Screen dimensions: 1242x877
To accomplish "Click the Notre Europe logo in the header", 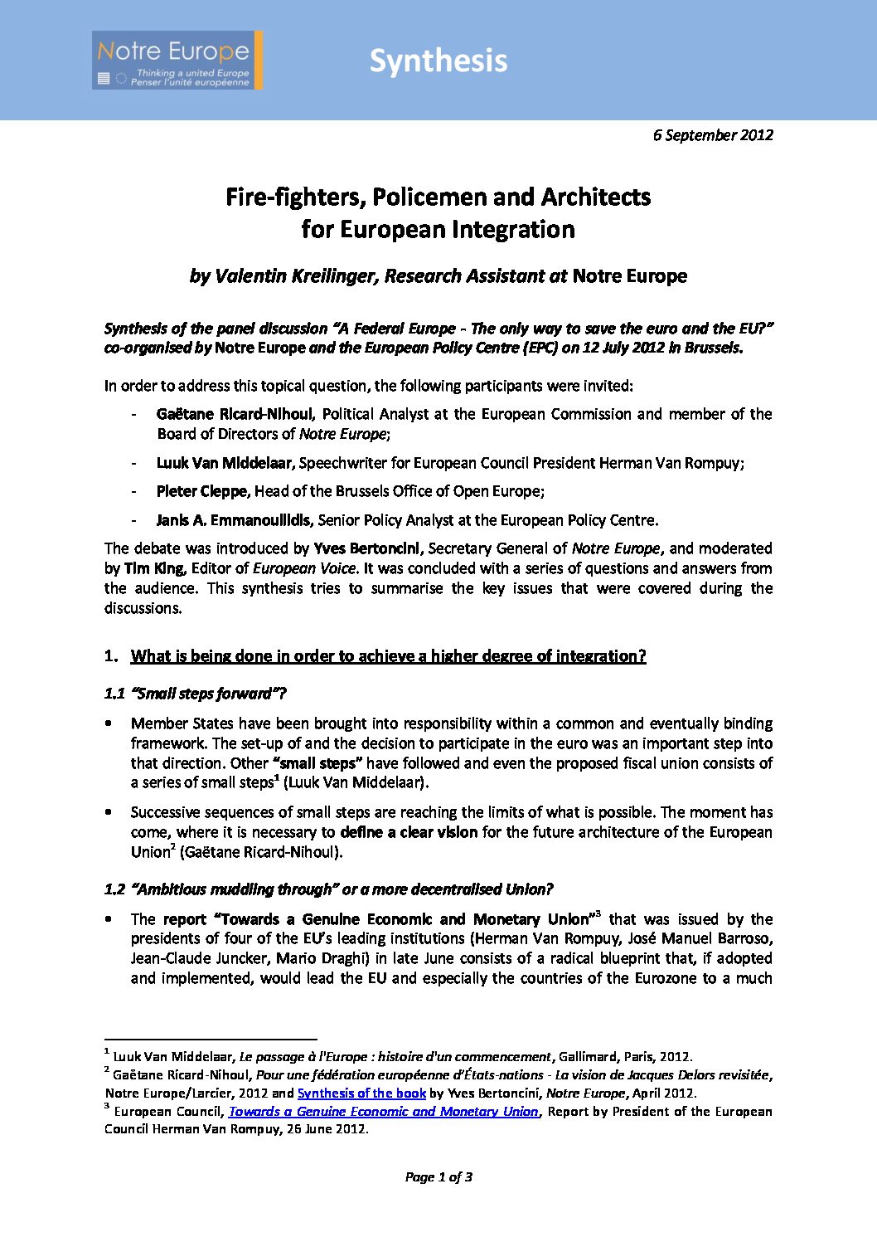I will pos(177,61).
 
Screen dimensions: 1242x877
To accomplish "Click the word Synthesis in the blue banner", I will pos(438,61).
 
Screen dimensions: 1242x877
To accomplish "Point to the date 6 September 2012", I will pos(713,135).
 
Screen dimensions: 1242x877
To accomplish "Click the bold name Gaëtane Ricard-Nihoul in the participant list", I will pos(235,414).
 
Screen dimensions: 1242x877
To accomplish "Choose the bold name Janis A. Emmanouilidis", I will pos(235,520).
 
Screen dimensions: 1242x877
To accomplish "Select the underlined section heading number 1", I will pos(388,656).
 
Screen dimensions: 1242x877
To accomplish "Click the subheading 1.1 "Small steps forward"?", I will pos(196,694).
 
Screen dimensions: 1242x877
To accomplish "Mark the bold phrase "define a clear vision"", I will pos(409,832).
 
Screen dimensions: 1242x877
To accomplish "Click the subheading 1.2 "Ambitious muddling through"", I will pos(328,889).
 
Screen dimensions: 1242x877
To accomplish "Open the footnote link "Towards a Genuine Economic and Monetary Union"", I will pos(384,1112).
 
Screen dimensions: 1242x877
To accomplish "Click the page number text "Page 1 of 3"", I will pos(438,1176).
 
